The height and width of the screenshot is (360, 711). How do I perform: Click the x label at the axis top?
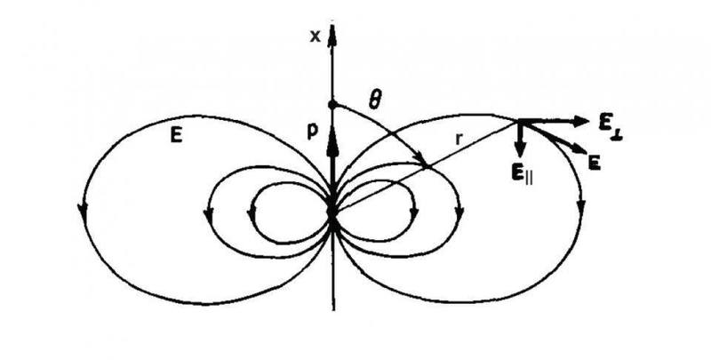point(315,36)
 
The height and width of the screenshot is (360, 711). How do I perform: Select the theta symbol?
point(374,101)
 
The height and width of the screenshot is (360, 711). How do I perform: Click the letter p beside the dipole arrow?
point(313,131)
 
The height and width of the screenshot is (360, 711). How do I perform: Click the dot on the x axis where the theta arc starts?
point(332,105)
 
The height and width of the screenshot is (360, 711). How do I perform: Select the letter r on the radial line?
point(459,140)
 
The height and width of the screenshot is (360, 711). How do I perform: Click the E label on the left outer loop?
point(176,136)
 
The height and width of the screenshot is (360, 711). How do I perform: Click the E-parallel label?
point(522,173)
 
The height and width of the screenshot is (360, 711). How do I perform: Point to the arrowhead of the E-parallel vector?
point(520,150)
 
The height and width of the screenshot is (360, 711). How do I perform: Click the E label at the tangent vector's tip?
point(595,164)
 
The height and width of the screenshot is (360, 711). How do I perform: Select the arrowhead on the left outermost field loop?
point(82,210)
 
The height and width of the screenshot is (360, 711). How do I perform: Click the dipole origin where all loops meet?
point(332,212)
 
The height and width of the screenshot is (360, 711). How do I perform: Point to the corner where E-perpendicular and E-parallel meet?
point(520,121)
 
